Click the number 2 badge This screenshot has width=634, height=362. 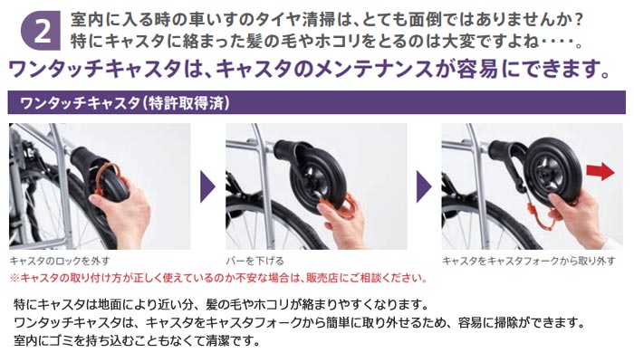pos(41,31)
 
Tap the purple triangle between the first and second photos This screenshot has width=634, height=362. pos(207,186)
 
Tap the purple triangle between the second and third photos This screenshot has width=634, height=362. pos(424,186)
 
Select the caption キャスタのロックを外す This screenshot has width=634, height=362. pos(60,261)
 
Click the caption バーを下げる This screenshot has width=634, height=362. pos(255,261)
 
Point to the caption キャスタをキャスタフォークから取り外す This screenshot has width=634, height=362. pos(528,261)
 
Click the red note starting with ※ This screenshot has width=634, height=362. pos(218,278)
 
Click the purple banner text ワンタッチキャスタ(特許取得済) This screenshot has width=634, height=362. pos(125,103)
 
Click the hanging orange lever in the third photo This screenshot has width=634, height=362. pos(542,218)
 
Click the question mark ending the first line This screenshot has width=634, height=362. pos(578,20)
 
